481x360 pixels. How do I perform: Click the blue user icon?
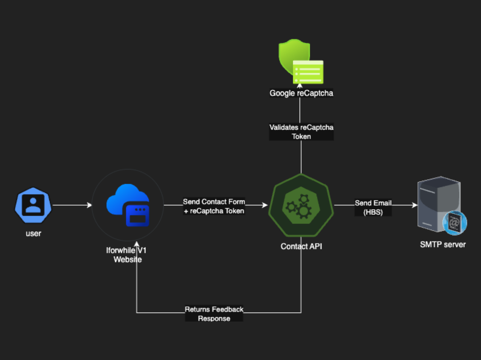pyautogui.click(x=33, y=206)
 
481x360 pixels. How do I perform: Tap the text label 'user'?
pyautogui.click(x=33, y=233)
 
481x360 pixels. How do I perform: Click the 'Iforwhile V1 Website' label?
pyautogui.click(x=128, y=255)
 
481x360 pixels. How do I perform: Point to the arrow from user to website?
pyautogui.click(x=72, y=205)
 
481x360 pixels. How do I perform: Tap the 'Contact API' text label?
pyautogui.click(x=301, y=246)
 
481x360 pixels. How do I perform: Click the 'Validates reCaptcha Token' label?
pyautogui.click(x=301, y=132)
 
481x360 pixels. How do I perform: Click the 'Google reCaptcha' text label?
pyautogui.click(x=301, y=93)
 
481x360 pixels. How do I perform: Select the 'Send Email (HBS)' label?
pyautogui.click(x=373, y=208)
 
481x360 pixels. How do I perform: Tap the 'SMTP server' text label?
pyautogui.click(x=443, y=244)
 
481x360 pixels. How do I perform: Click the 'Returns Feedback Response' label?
pyautogui.click(x=214, y=314)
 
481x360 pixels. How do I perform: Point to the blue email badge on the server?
pyautogui.click(x=454, y=223)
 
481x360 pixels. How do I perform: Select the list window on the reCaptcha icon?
pyautogui.click(x=308, y=72)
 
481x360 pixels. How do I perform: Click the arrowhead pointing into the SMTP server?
pyautogui.click(x=415, y=205)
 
